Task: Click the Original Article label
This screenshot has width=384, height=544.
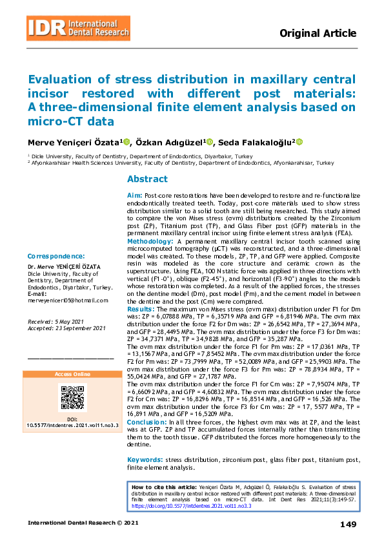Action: (318, 34)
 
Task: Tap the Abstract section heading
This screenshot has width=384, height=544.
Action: (147, 179)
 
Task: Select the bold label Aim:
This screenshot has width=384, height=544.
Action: (134, 195)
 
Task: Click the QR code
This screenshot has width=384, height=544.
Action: (72, 396)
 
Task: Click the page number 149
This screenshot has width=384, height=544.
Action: (347, 524)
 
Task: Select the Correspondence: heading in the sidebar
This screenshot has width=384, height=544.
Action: (56, 256)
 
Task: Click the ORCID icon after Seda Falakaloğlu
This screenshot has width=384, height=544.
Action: (299, 142)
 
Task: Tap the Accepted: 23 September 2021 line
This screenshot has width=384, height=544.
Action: (66, 328)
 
